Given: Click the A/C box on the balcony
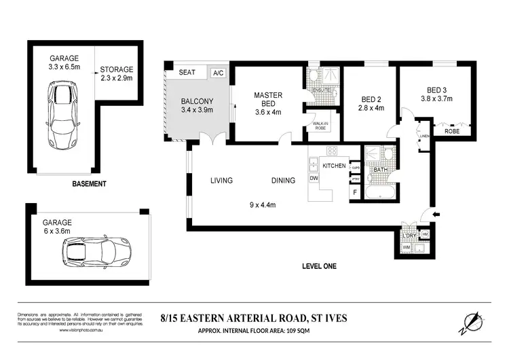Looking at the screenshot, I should pyautogui.click(x=219, y=73).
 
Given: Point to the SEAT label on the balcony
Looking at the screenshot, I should pyautogui.click(x=187, y=72).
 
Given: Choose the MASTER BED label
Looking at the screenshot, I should pyautogui.click(x=267, y=100).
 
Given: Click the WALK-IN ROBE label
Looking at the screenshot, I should pyautogui.click(x=321, y=125).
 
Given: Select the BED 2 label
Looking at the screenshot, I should pyautogui.click(x=371, y=102).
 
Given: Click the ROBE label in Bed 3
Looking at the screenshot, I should pyautogui.click(x=452, y=131).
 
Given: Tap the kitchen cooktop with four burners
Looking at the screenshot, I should pyautogui.click(x=333, y=151).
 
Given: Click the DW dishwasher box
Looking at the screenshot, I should pyautogui.click(x=314, y=179).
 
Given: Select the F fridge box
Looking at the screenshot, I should pyautogui.click(x=354, y=192).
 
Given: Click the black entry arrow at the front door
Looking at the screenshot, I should pyautogui.click(x=435, y=215).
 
